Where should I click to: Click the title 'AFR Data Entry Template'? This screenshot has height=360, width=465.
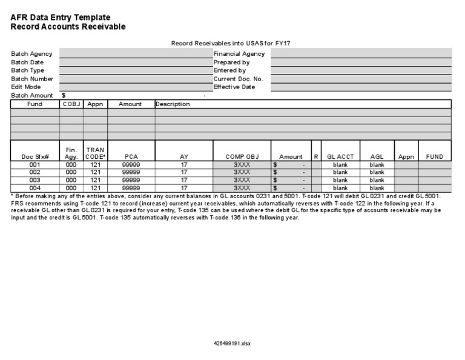(x=61, y=18)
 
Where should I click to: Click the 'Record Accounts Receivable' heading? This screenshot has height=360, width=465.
(x=68, y=27)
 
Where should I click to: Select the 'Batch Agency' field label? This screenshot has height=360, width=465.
(x=32, y=54)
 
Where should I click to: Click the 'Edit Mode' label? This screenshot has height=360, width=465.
(x=26, y=87)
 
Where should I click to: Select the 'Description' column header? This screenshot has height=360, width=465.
(x=173, y=104)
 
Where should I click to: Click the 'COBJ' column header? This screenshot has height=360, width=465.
(x=71, y=104)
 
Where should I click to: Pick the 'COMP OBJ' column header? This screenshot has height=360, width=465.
(x=242, y=156)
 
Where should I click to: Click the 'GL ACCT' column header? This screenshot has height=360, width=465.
(x=340, y=156)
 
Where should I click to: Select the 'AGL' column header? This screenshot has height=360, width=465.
(x=377, y=156)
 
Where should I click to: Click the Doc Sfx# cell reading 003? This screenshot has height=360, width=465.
(x=35, y=180)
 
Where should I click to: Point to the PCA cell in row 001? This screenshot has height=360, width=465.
(x=131, y=164)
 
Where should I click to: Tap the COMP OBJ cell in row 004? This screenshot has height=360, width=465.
(x=242, y=188)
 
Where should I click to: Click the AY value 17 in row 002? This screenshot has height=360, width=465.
(x=184, y=172)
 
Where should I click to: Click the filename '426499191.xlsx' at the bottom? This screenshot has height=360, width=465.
(x=232, y=343)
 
